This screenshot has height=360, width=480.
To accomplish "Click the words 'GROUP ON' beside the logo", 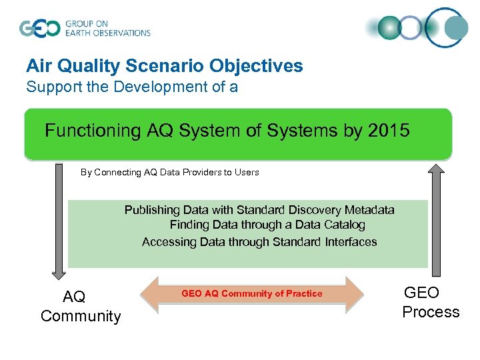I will (x=86, y=23).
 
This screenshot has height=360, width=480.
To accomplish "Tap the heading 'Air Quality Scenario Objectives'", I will (x=164, y=66).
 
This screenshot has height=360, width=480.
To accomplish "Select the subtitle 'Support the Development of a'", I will (x=131, y=87).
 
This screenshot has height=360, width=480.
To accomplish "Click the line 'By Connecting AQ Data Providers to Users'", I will (x=169, y=172).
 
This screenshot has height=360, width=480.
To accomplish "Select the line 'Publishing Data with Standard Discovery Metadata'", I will (x=259, y=210).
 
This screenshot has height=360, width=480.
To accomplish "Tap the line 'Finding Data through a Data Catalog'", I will (x=267, y=225).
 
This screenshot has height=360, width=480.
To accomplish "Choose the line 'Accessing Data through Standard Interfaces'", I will (x=259, y=242).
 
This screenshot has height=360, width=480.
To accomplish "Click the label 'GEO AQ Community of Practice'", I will (x=251, y=293).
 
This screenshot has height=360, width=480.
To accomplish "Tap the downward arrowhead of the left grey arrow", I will (x=59, y=272).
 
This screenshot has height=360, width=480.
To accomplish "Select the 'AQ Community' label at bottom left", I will (x=80, y=306).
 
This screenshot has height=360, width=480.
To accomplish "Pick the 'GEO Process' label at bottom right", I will (x=430, y=302).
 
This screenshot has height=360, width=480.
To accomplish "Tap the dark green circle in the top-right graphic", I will (x=390, y=28).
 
